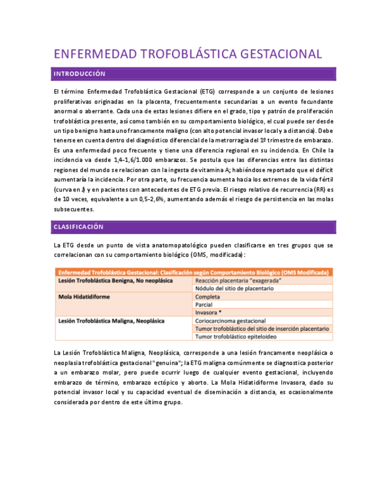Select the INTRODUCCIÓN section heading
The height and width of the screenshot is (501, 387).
point(79,74)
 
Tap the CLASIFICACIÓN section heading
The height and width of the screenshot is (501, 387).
point(78,227)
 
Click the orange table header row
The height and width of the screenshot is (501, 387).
point(193,273)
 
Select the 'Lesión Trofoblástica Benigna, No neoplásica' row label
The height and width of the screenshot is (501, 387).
point(116,281)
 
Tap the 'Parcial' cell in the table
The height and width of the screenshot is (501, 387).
point(204,304)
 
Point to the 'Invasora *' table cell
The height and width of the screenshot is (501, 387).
point(209,313)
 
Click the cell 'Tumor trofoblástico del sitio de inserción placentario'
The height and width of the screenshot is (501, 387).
point(262,328)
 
